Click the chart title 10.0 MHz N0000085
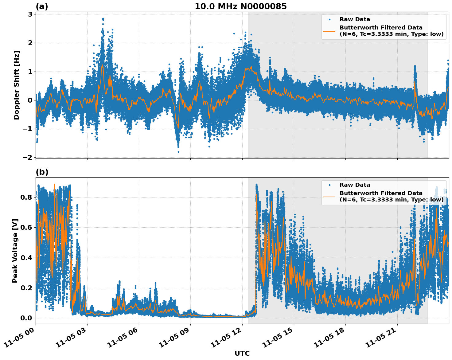[x=240, y=6]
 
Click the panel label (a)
[x=42, y=6]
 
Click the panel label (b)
[x=42, y=172]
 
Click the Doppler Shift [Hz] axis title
[x=17, y=85]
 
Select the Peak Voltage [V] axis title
[x=15, y=251]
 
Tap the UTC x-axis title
[x=242, y=353]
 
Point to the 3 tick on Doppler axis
[x=30, y=14]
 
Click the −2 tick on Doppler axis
[x=28, y=157]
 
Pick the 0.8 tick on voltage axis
[x=26, y=197]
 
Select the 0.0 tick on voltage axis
[x=26, y=318]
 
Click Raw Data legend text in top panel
[x=355, y=19]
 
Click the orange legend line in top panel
[x=329, y=31]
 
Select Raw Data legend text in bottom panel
[x=355, y=185]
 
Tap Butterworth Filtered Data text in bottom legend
[x=381, y=193]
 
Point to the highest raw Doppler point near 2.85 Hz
[x=103, y=18]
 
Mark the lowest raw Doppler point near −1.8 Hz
[x=178, y=152]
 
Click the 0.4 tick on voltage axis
[x=26, y=257]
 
